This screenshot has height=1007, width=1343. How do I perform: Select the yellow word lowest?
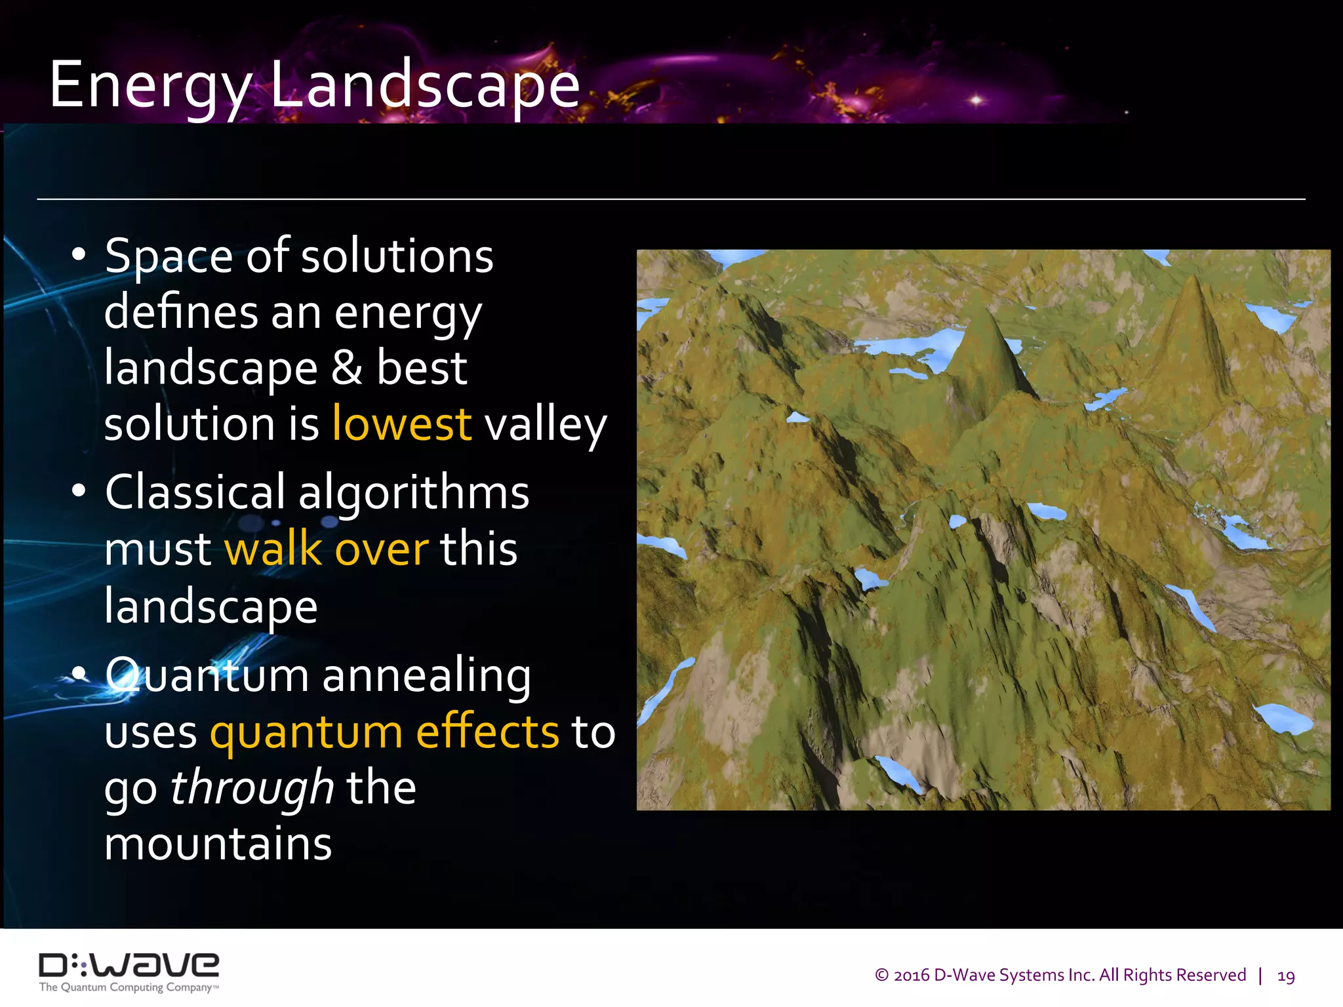[x=401, y=424]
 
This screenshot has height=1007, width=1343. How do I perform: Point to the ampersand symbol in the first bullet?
[x=346, y=367]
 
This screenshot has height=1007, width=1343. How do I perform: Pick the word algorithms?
[x=414, y=493]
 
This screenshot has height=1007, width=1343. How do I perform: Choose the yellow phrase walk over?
[x=327, y=549]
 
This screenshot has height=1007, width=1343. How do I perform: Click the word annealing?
[x=427, y=675]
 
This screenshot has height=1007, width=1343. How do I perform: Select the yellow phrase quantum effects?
[x=384, y=732]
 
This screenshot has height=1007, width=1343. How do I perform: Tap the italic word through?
[x=252, y=788]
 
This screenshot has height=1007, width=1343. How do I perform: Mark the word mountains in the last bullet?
[x=218, y=844]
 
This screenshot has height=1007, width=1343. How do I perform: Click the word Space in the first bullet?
[x=169, y=257]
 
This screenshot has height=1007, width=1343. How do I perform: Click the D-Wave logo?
[x=129, y=965]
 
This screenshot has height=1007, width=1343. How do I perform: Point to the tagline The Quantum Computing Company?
[x=129, y=987]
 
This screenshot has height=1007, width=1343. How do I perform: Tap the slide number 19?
[x=1286, y=976]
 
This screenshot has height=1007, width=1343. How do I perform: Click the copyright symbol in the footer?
[x=882, y=976]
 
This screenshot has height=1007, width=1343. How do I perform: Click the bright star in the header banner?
[x=976, y=100]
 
